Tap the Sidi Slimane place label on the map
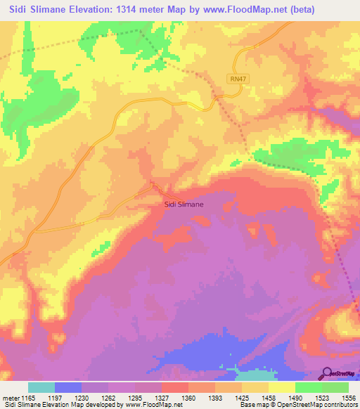pyautogui.click(x=183, y=204)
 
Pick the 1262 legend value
pyautogui.click(x=108, y=398)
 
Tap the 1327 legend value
pyautogui.click(x=161, y=398)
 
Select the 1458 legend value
pyautogui.click(x=268, y=398)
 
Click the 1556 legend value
pyautogui.click(x=347, y=398)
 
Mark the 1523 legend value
pyautogui.click(x=321, y=398)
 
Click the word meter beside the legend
pyautogui.click(x=10, y=398)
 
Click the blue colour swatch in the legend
pyautogui.click(x=68, y=387)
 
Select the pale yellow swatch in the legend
pyautogui.click(x=281, y=387)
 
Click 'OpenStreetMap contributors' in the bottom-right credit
pyautogui.click(x=319, y=405)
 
